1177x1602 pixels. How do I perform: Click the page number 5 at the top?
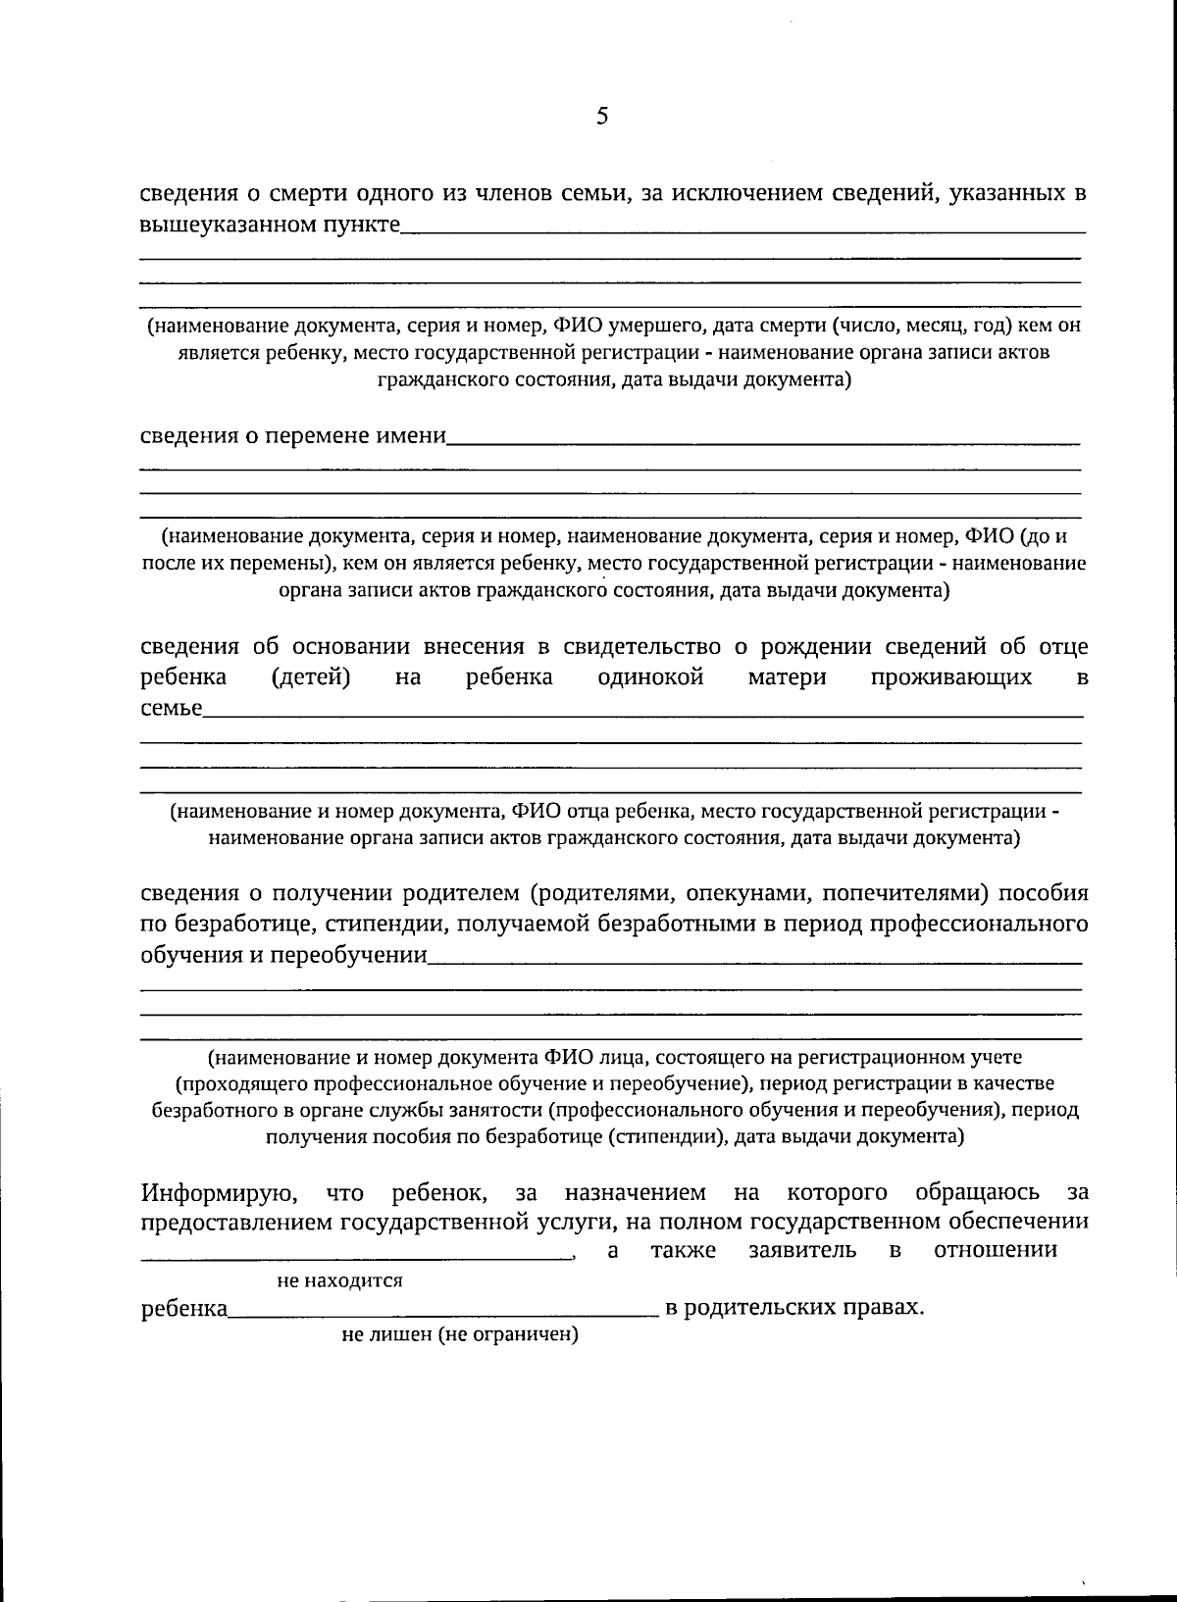601,117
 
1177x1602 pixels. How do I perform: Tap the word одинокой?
650,677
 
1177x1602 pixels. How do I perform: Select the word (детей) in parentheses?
311,677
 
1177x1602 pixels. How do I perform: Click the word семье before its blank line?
171,708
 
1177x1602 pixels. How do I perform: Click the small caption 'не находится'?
339,1280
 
